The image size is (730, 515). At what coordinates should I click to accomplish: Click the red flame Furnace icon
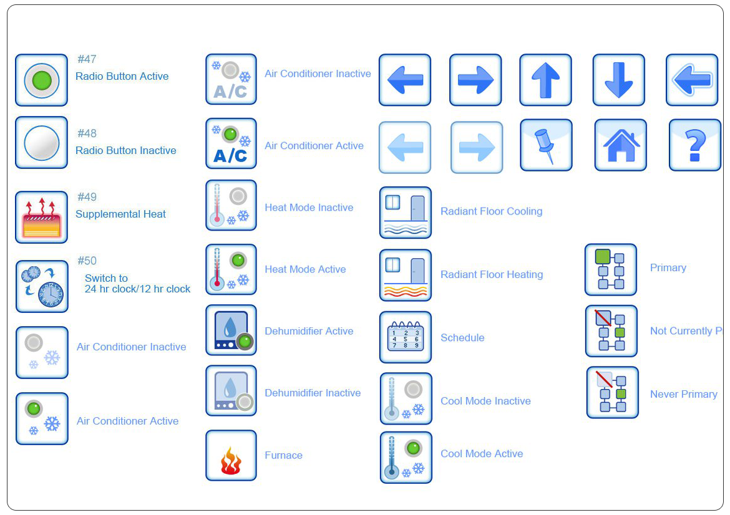(231, 456)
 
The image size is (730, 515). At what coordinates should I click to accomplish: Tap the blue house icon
(620, 145)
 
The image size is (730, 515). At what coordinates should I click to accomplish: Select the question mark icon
(694, 145)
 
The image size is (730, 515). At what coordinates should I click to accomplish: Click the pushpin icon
(546, 145)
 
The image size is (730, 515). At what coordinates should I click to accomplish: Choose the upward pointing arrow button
(545, 80)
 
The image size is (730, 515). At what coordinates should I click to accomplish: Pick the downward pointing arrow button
(618, 80)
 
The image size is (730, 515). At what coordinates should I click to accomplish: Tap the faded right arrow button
(476, 147)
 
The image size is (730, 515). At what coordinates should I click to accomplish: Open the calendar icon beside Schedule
(405, 337)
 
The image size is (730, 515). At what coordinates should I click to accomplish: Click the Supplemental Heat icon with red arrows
(41, 217)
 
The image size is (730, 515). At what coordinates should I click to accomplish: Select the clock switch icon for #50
(42, 286)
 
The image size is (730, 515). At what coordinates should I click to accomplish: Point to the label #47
(87, 59)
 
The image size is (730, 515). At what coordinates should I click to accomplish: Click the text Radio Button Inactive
(125, 150)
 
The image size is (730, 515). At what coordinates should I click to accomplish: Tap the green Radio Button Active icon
(41, 80)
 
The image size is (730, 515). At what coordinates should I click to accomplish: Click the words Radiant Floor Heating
(491, 274)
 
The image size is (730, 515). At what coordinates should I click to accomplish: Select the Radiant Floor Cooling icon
(405, 213)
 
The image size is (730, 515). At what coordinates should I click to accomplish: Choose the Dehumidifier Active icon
(231, 330)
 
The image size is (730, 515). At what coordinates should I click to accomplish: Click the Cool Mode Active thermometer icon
(406, 457)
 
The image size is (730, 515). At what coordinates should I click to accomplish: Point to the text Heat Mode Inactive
(308, 208)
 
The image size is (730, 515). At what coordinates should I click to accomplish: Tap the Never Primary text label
(683, 394)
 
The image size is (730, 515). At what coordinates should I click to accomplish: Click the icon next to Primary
(610, 269)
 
